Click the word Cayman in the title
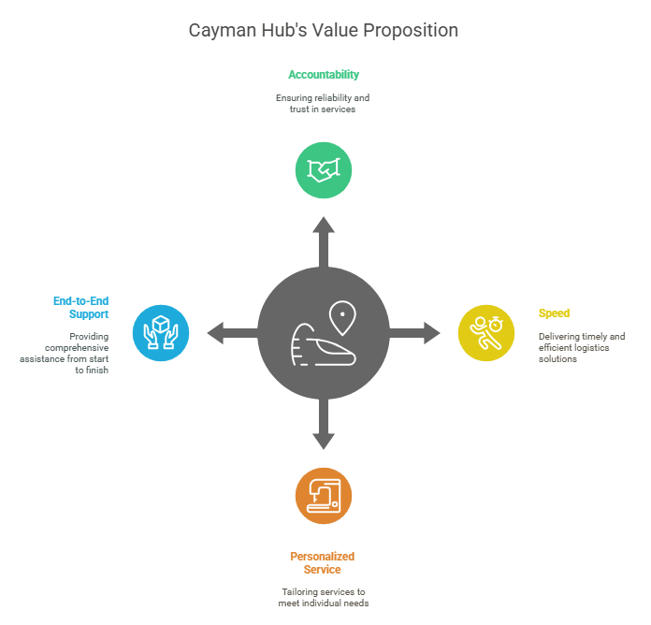pos(223,31)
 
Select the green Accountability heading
pos(324,75)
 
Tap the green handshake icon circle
pos(324,170)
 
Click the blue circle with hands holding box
pos(161,333)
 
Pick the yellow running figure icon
pos(486,333)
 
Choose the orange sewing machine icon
pos(324,496)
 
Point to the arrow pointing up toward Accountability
pos(324,241)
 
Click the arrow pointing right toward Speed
pos(414,333)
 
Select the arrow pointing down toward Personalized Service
pos(324,424)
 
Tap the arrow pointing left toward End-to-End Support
pos(233,333)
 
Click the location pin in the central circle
pos(342,318)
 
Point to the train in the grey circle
pos(323,344)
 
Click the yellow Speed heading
pos(554,313)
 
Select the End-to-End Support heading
pos(81,307)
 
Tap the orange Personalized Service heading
pos(322,562)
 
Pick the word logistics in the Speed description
pos(591,348)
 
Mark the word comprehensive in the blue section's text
pos(77,348)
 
